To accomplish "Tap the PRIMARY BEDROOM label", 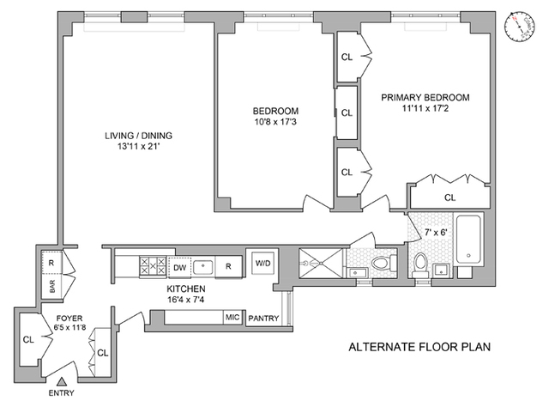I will tap(425, 97).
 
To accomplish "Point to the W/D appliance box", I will tap(260, 263).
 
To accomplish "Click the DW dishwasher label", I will tap(179, 265).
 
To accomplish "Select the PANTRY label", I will tap(263, 319).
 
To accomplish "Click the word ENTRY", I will tap(62, 394).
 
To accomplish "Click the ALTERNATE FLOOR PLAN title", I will tap(413, 349).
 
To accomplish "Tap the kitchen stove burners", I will tap(153, 265).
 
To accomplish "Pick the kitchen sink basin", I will tap(203, 265).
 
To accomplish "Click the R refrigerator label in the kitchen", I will tap(228, 265).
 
